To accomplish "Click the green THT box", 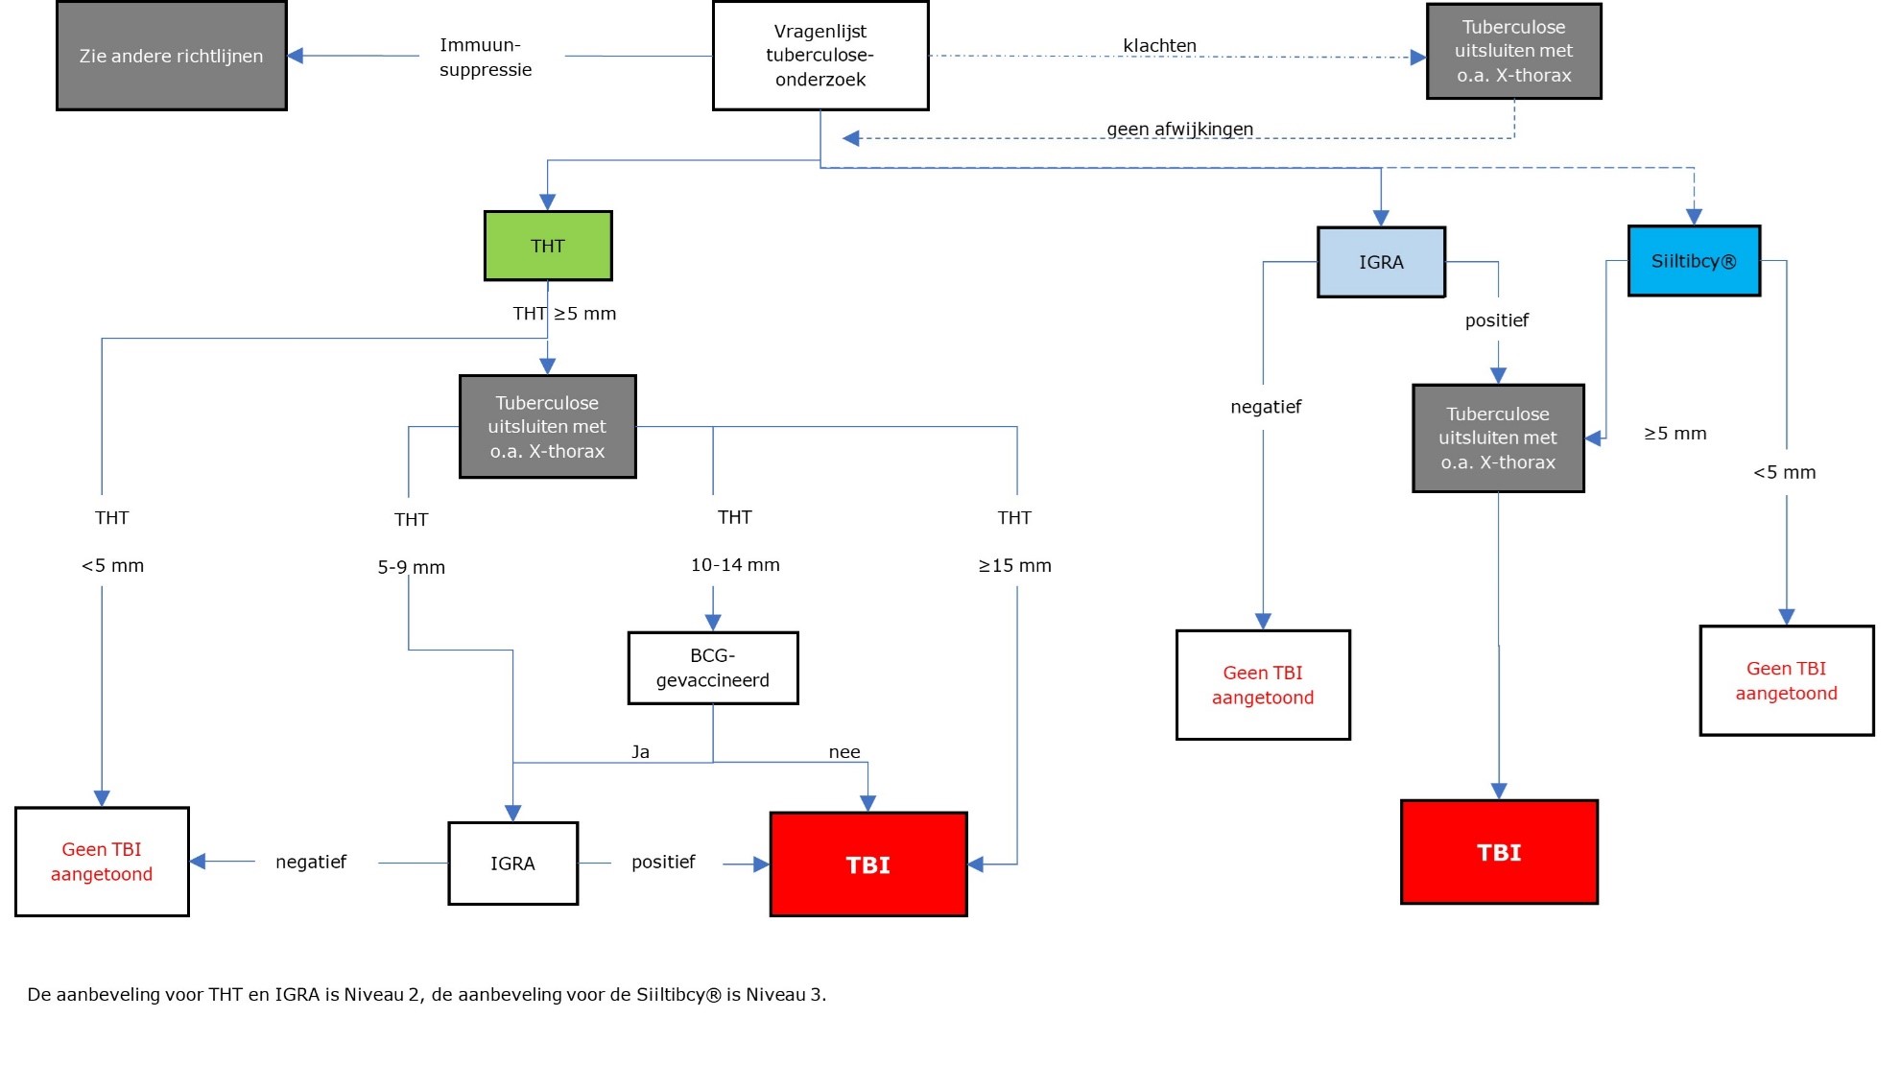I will pyautogui.click(x=548, y=246).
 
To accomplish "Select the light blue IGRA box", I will pyautogui.click(x=1381, y=262).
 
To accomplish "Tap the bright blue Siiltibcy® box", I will pyautogui.click(x=1694, y=261).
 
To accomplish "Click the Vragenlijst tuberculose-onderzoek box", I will pyautogui.click(x=820, y=56).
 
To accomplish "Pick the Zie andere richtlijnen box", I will pyautogui.click(x=171, y=56).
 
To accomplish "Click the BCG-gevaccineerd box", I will pyautogui.click(x=713, y=668).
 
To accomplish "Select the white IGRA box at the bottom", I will pyautogui.click(x=512, y=864).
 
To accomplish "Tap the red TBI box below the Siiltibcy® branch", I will pyautogui.click(x=1499, y=852).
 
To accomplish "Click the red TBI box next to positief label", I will pyautogui.click(x=868, y=864).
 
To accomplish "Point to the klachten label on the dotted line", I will pyautogui.click(x=1159, y=45).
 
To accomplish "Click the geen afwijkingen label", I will pyautogui.click(x=1179, y=129).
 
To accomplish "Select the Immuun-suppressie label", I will pyautogui.click(x=485, y=57).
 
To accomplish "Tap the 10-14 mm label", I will pyautogui.click(x=735, y=565).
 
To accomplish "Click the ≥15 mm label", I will pyautogui.click(x=1014, y=566).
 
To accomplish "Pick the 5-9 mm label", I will pyautogui.click(x=411, y=567).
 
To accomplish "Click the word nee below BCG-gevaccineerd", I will pyautogui.click(x=844, y=752).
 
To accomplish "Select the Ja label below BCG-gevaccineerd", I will pyautogui.click(x=640, y=752).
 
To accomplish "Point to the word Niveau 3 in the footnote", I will pyautogui.click(x=790, y=995).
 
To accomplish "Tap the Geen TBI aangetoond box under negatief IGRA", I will pyautogui.click(x=1263, y=685).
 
